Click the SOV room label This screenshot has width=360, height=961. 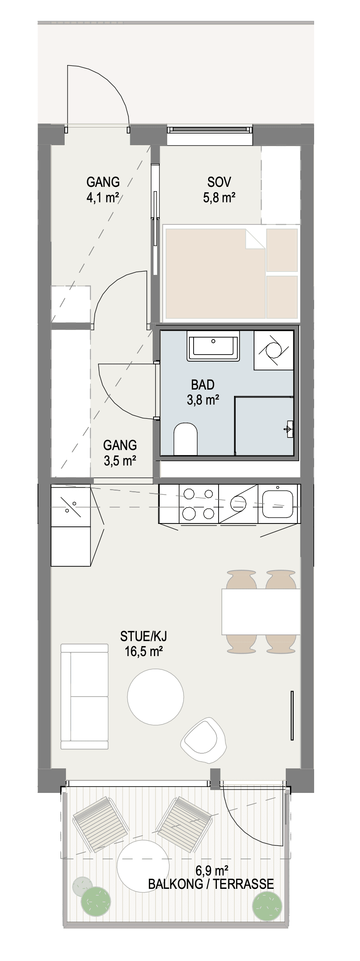point(219,182)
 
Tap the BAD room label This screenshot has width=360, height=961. point(203,384)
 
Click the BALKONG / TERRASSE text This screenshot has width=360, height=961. point(211,883)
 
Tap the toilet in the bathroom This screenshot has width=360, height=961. point(185,439)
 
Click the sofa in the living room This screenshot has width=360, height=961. point(85,697)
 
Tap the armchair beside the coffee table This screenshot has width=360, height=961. point(203,739)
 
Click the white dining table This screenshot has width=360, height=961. point(261,611)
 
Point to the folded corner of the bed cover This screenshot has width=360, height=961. point(255,239)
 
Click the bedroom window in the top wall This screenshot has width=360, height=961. point(210,130)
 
